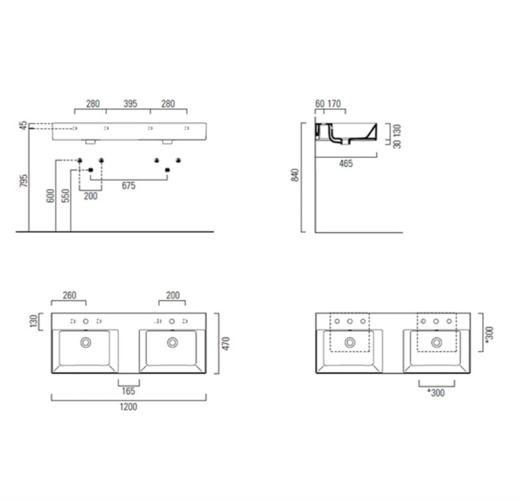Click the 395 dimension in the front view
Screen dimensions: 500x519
coord(130,104)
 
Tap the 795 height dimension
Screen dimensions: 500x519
coord(24,180)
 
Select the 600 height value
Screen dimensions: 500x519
coord(50,196)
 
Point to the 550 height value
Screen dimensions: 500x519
coord(66,196)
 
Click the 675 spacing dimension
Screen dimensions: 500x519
coord(128,186)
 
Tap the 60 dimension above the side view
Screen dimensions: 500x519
coord(320,104)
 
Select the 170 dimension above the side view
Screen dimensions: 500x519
coord(334,104)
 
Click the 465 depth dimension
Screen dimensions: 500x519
coord(346,164)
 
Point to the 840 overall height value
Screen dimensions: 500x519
coord(296,175)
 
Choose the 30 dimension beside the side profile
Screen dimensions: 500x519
coord(397,144)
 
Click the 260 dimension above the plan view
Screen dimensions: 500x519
coord(70,295)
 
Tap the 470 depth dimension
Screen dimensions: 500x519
coord(226,344)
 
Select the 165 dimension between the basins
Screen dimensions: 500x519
coord(128,391)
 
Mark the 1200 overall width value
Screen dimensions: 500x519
coord(128,407)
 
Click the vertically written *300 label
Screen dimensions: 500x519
coord(489,334)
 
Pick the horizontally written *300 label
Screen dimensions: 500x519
coord(436,393)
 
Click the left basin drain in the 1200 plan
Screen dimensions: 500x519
coord(85,342)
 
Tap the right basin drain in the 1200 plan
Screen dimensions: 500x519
coord(172,342)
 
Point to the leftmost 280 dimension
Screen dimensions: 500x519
coord(93,104)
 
